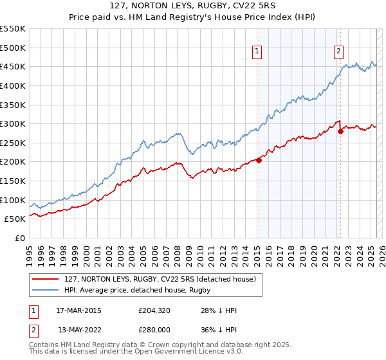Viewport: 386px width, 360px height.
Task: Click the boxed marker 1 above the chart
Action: [x=257, y=53]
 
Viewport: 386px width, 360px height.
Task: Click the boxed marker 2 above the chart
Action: [x=338, y=53]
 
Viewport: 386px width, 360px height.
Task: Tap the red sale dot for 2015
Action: [x=259, y=161]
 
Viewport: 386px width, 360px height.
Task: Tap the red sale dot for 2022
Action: [x=340, y=131]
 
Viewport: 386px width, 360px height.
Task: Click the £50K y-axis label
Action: [x=15, y=219]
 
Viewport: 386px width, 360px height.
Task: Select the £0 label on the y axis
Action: [x=20, y=238]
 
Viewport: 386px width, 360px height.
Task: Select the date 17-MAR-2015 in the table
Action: [x=78, y=310]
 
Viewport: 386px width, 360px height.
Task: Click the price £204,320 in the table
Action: [x=154, y=310]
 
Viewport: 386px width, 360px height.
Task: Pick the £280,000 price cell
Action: [x=154, y=330]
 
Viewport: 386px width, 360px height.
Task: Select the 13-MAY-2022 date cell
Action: [x=78, y=330]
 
